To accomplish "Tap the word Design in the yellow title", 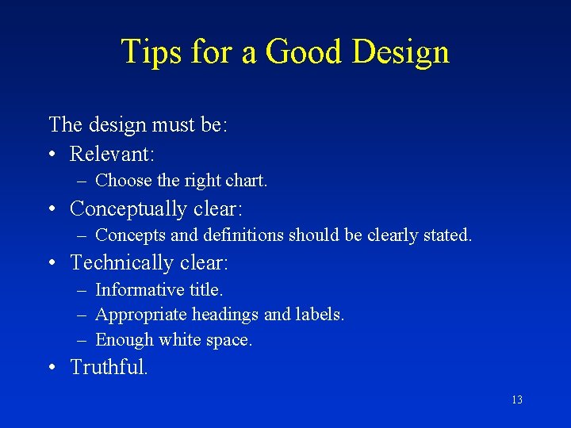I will coord(401,52).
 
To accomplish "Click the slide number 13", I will coord(517,400).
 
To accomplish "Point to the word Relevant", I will coord(112,153).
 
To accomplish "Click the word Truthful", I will coord(109,368).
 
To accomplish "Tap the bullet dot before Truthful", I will coord(52,369).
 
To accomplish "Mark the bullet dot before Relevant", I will coord(52,154).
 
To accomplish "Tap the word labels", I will coord(320,315).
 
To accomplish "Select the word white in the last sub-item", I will coord(179,340).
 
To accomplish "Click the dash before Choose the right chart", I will coord(82,181).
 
